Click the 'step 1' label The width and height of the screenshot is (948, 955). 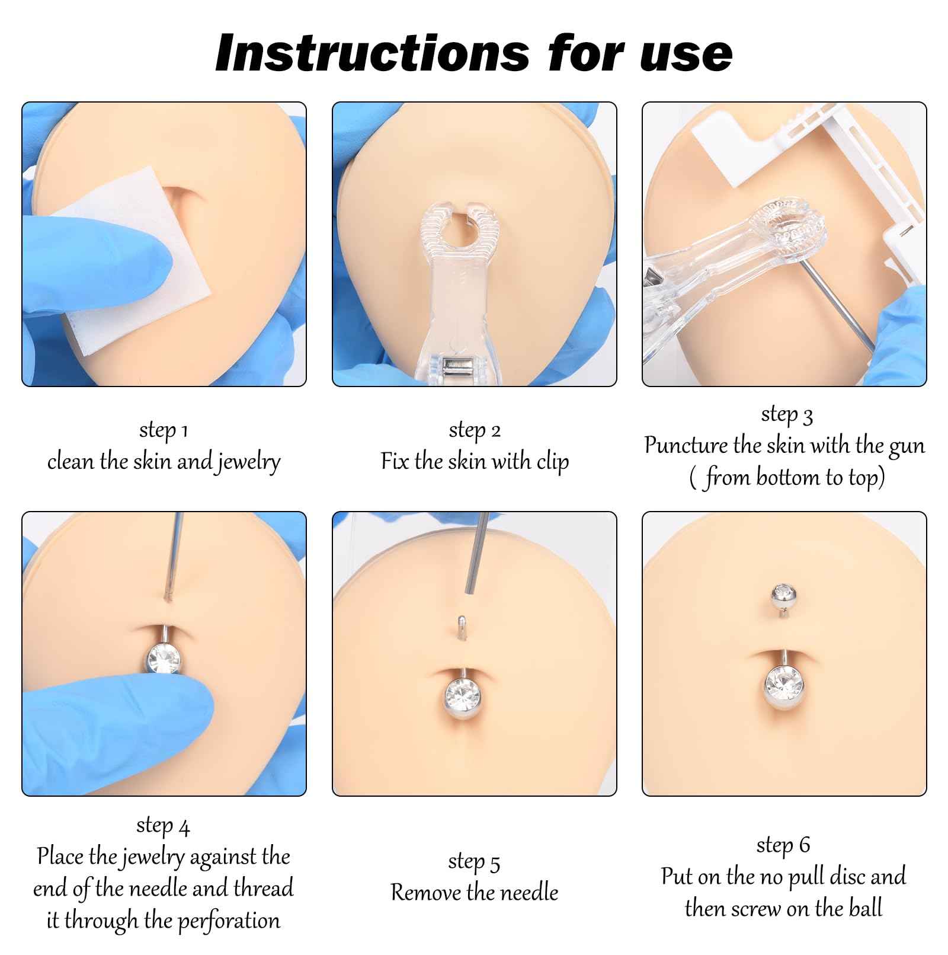[164, 430]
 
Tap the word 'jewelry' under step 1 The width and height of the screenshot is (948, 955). [248, 462]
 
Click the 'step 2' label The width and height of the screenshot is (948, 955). [475, 430]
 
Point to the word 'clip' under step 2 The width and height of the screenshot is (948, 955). [552, 462]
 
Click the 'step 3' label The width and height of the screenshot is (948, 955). [786, 414]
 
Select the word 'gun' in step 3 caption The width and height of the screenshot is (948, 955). [906, 446]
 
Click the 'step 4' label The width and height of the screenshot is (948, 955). [164, 825]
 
